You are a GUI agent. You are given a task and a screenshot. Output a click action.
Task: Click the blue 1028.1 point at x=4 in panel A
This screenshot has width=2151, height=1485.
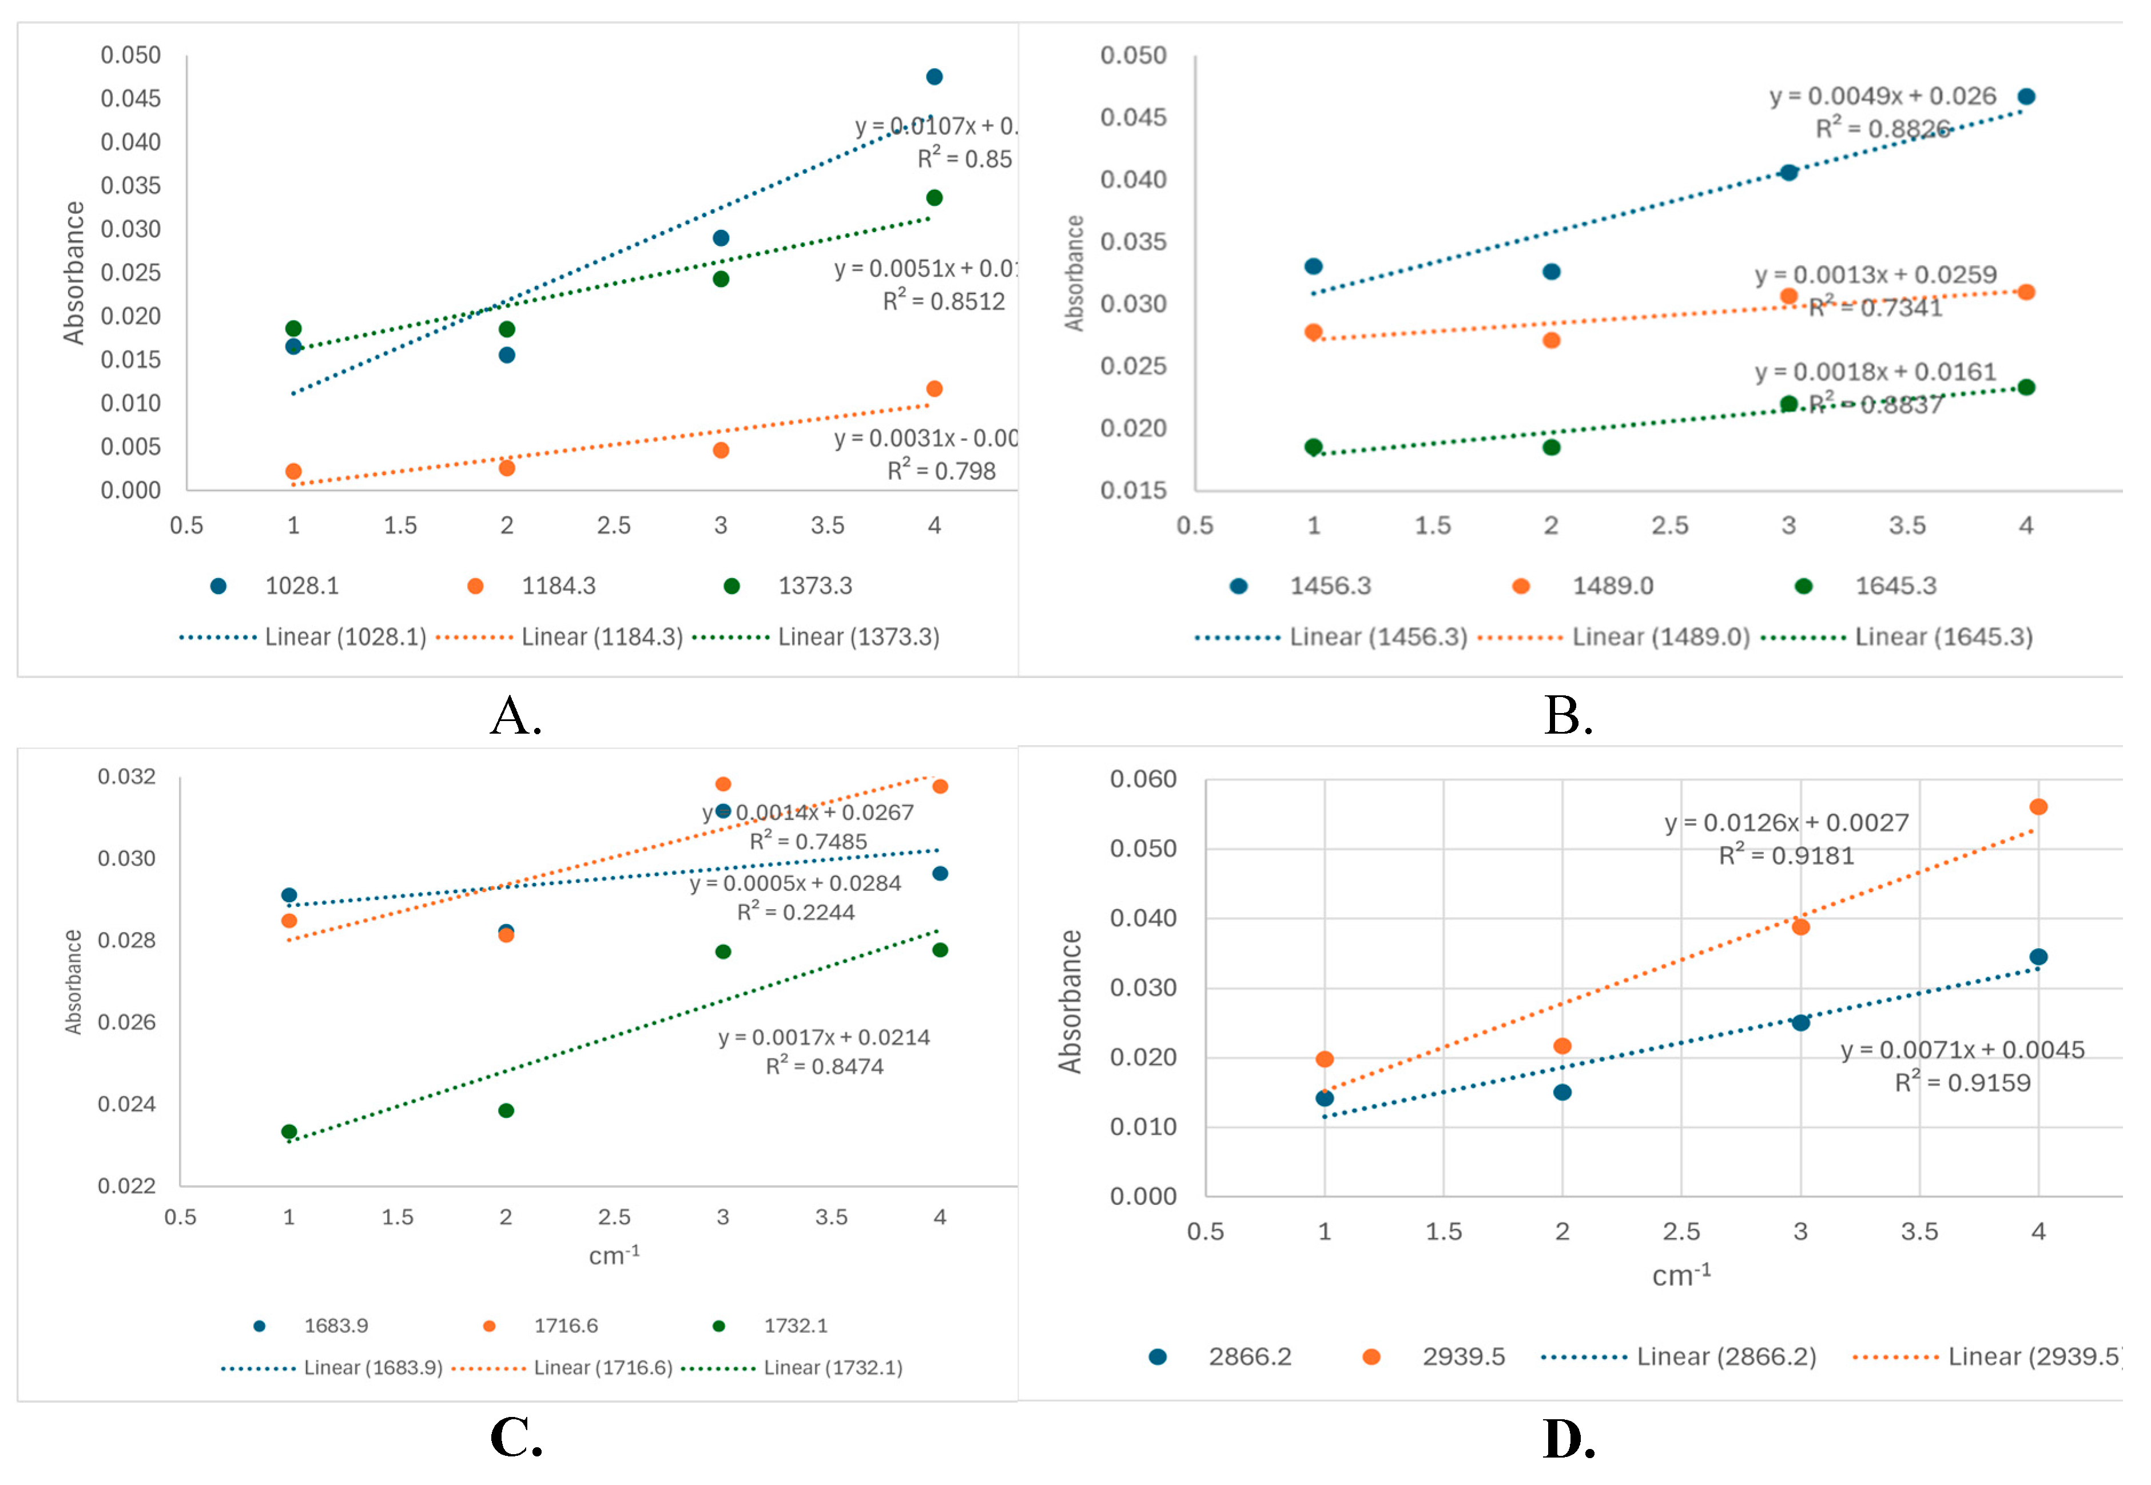click(934, 76)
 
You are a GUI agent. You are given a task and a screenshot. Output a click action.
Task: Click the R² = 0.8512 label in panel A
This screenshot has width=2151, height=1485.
click(944, 301)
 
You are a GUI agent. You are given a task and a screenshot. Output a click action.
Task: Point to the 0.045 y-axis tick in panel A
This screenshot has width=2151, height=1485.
click(130, 98)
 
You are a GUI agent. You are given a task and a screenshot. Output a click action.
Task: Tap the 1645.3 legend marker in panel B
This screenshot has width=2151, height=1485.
click(1803, 586)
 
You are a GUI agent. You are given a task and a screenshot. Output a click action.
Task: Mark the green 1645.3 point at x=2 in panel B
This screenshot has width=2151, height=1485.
click(1552, 448)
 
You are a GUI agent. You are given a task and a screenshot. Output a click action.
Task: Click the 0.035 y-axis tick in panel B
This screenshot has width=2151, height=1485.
click(1133, 242)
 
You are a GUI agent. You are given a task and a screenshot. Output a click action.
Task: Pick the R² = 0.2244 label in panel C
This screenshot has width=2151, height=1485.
click(796, 912)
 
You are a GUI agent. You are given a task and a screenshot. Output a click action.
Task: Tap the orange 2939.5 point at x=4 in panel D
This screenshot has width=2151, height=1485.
click(2038, 807)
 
